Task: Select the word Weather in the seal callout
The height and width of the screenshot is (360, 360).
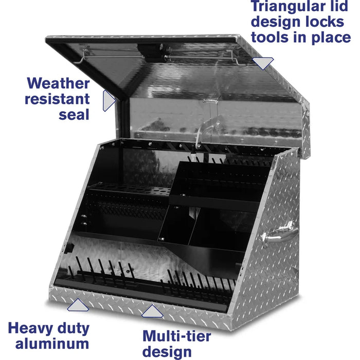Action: [58, 83]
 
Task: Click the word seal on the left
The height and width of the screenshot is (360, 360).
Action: [74, 114]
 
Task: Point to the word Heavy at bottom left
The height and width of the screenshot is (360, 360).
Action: [31, 329]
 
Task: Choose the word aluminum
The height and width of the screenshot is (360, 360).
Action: [52, 344]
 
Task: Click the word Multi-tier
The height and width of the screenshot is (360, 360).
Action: [177, 336]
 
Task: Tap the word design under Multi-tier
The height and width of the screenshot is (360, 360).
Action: [167, 352]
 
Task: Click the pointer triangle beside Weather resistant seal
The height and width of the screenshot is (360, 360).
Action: [109, 101]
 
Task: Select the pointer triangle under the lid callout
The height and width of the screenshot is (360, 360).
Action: [263, 63]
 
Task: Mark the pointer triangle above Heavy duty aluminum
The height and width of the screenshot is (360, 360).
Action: [78, 305]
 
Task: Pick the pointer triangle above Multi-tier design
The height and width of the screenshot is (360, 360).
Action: [152, 311]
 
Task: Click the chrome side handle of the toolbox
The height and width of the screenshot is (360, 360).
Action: [278, 234]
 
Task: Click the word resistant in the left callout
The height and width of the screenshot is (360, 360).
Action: [57, 99]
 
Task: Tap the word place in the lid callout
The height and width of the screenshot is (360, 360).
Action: [331, 38]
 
